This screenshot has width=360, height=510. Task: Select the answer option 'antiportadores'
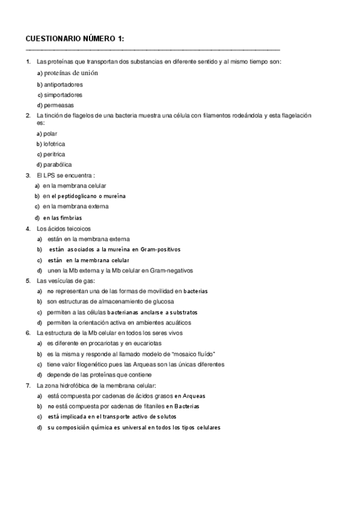click(63, 84)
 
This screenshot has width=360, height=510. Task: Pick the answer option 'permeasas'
click(57, 105)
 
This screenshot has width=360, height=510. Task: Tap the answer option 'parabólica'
click(58, 164)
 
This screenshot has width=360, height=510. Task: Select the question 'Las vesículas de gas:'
click(66, 280)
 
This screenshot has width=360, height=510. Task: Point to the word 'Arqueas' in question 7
click(206, 396)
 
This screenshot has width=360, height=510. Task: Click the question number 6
click(28, 333)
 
